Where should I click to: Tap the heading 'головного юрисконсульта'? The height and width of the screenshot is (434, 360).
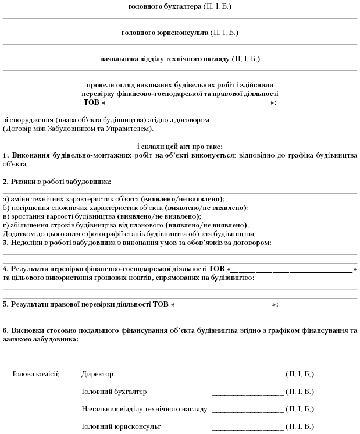[x=165, y=33]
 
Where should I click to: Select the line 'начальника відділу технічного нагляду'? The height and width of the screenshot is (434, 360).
[x=165, y=59]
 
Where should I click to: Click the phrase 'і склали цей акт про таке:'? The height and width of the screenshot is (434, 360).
[x=180, y=147]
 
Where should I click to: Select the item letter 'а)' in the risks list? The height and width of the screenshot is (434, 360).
[x=6, y=199]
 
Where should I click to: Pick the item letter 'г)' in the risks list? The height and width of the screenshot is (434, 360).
[x=6, y=225]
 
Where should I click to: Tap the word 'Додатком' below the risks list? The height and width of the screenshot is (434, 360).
[x=18, y=234]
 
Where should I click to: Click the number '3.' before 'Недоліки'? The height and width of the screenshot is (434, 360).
[x=6, y=243]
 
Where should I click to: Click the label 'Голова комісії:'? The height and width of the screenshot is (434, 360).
[x=36, y=373]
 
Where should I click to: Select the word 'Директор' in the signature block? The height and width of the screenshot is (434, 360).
[x=98, y=373]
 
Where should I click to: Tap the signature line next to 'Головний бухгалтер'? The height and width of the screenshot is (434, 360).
[x=247, y=394]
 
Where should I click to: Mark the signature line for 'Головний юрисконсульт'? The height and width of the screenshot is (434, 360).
[x=247, y=429]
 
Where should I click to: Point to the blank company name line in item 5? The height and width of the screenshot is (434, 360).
[x=223, y=305]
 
